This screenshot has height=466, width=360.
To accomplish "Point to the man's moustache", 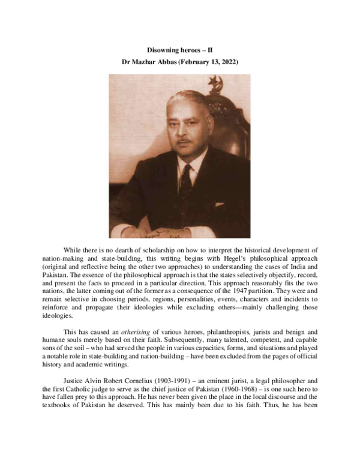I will coord(183,142).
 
